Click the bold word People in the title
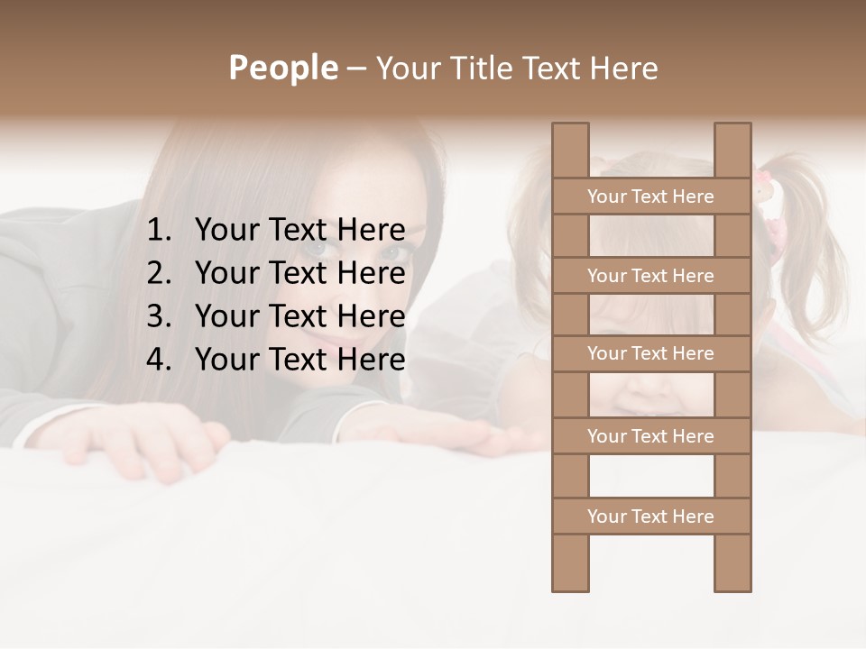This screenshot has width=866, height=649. pos(282,68)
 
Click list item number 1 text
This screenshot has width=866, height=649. pos(299,230)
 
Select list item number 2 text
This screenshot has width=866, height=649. pos(299,273)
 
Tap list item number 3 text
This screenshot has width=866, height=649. pos(299,316)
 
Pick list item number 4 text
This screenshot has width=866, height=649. pos(299,360)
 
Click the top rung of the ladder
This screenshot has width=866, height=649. pos(650,197)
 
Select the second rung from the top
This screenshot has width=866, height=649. pos(650,276)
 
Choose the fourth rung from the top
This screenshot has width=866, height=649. pos(650,436)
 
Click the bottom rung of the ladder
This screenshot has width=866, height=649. pos(650,516)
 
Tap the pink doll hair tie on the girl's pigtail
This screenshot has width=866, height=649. pos(767,194)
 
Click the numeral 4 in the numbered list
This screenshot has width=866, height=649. pos(158,360)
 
